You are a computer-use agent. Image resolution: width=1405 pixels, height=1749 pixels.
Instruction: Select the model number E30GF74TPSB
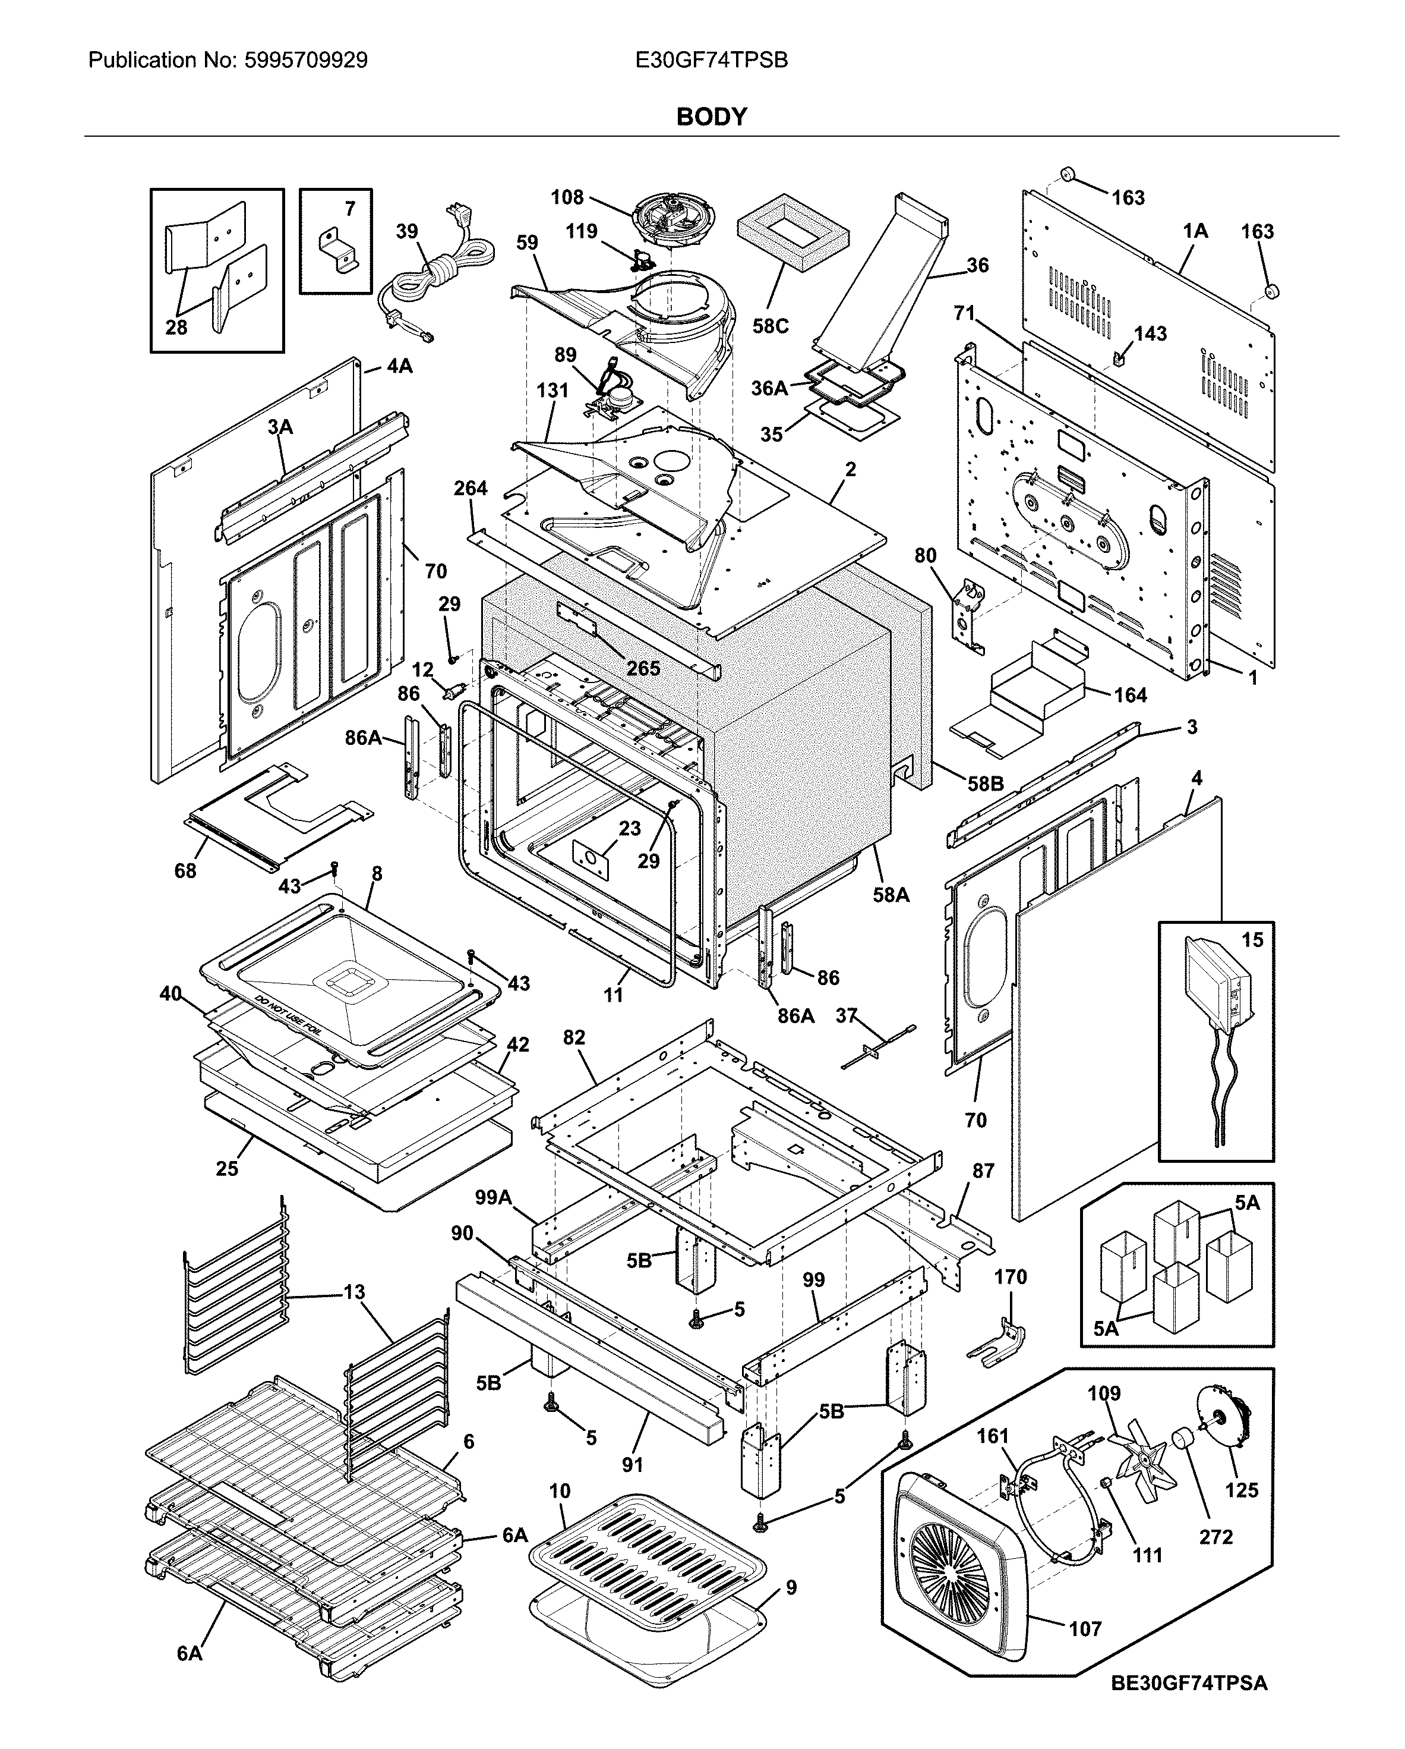[x=711, y=61]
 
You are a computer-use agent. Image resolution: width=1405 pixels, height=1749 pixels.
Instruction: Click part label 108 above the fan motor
[x=567, y=197]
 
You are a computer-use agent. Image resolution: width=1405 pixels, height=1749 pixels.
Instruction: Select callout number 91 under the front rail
[x=632, y=1464]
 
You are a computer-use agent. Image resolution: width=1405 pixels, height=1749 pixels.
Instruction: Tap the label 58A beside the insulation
[x=891, y=895]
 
